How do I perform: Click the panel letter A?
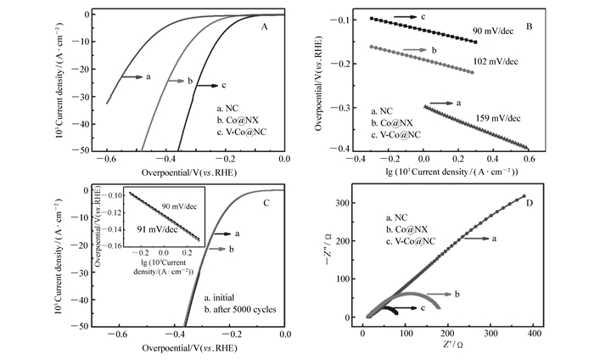tap(265, 27)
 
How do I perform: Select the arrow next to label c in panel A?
tap(207, 85)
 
